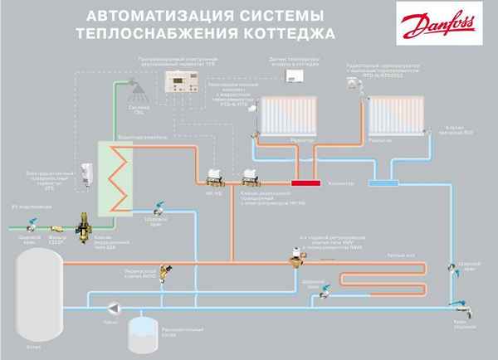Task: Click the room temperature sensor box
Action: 296,75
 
